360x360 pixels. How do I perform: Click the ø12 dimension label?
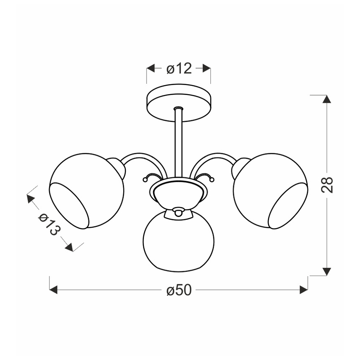[x=179, y=68]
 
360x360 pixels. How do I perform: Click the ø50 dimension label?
[x=179, y=290]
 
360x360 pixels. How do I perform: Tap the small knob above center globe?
[x=178, y=212]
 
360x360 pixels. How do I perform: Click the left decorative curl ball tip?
[x=145, y=180]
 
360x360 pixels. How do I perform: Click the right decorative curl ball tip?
[x=212, y=180]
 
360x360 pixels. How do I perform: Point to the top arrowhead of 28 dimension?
[x=327, y=99]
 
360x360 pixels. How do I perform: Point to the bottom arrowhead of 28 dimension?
[x=327, y=271]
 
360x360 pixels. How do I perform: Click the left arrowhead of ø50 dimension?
[x=53, y=290]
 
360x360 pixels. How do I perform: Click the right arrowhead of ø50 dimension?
[x=304, y=290]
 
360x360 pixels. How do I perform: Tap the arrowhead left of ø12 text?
[x=151, y=68]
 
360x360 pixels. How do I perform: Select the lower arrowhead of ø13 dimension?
[x=69, y=248]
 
